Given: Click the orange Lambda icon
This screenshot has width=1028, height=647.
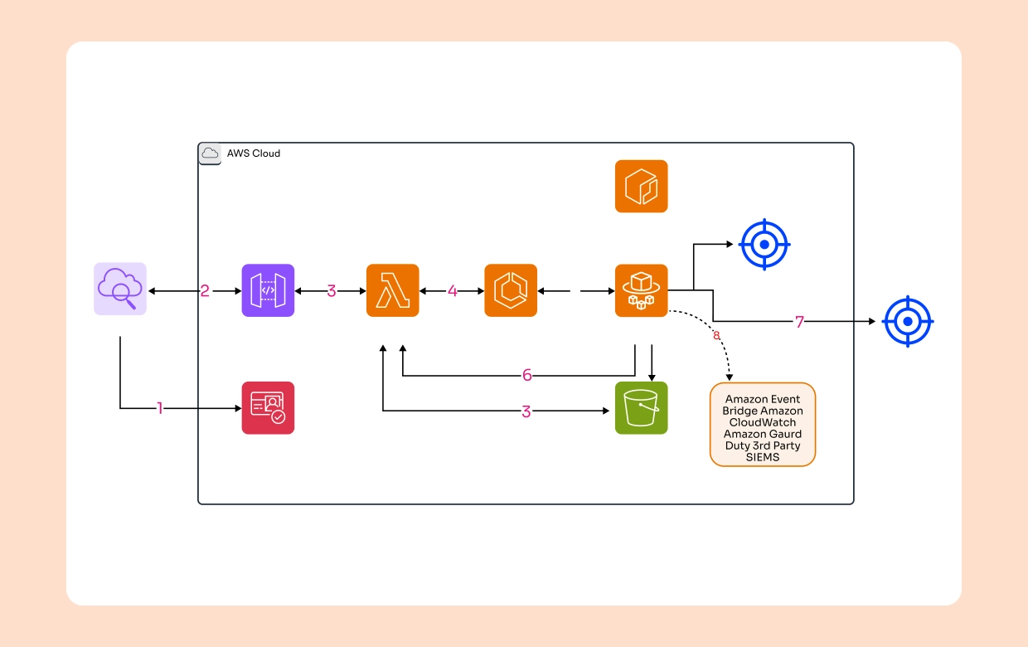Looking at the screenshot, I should pyautogui.click(x=392, y=290).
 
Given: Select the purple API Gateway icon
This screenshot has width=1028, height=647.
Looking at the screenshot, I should pyautogui.click(x=268, y=290).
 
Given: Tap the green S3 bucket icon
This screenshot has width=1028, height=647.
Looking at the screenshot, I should pyautogui.click(x=641, y=408).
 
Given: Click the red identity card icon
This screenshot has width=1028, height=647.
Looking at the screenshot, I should pyautogui.click(x=268, y=408).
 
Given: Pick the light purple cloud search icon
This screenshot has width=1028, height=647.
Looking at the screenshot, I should pyautogui.click(x=120, y=289).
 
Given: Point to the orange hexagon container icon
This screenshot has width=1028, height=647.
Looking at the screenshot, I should pyautogui.click(x=511, y=290).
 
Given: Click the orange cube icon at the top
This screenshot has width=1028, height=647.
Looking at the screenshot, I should pyautogui.click(x=641, y=187).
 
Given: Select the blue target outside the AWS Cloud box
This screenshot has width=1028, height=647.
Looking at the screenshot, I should pyautogui.click(x=908, y=321).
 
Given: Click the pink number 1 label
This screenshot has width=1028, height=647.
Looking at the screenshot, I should pyautogui.click(x=161, y=408).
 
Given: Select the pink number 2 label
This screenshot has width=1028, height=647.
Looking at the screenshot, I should pyautogui.click(x=204, y=291).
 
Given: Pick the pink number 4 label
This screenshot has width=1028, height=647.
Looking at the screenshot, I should pyautogui.click(x=452, y=291).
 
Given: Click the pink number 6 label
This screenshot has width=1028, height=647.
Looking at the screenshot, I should pyautogui.click(x=526, y=375).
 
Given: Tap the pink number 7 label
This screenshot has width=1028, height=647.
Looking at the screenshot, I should pyautogui.click(x=799, y=322).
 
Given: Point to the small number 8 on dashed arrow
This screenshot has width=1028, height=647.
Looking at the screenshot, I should pyautogui.click(x=716, y=336).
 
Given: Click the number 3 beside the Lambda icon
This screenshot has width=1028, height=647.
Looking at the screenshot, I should pyautogui.click(x=331, y=291).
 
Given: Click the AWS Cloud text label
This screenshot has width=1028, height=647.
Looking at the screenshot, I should pyautogui.click(x=254, y=153).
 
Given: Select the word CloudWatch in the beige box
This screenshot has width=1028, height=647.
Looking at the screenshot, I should pyautogui.click(x=762, y=422).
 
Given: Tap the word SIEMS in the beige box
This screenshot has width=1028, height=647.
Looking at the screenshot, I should pyautogui.click(x=762, y=457).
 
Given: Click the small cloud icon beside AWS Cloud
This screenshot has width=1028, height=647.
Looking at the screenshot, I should pyautogui.click(x=210, y=153).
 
